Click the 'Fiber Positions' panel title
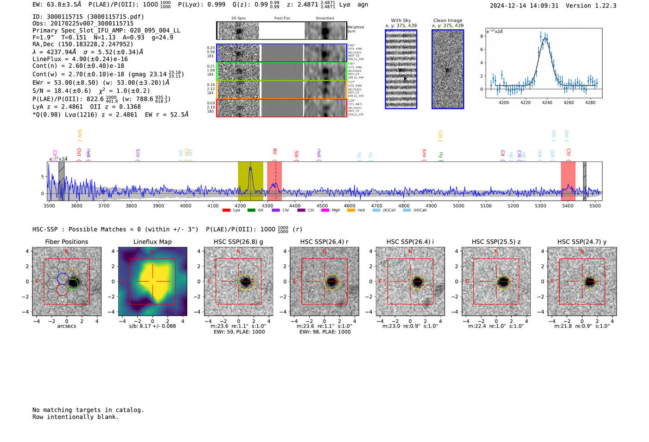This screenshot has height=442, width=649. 66,242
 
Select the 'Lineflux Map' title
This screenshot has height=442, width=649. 153,242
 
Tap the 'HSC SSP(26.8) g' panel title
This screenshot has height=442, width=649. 238,242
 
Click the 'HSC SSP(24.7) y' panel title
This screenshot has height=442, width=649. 582,242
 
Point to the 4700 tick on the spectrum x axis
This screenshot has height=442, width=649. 376,205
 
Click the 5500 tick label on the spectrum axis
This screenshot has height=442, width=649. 595,205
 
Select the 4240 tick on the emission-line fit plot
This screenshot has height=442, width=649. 547,102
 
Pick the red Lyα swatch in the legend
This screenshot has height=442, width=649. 226,211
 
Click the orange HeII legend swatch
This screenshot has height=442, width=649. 351,211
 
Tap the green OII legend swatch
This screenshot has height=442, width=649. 251,211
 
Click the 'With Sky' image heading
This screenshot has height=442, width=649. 401,20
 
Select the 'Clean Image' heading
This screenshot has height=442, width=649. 447,20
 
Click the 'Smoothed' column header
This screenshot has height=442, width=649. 324,19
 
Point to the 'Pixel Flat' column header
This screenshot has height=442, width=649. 282,19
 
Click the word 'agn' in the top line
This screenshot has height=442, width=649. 363,5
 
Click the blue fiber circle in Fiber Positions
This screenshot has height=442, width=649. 63,278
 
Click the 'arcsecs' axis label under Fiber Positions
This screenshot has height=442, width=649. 66,326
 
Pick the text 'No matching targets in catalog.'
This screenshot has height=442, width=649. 88,410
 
